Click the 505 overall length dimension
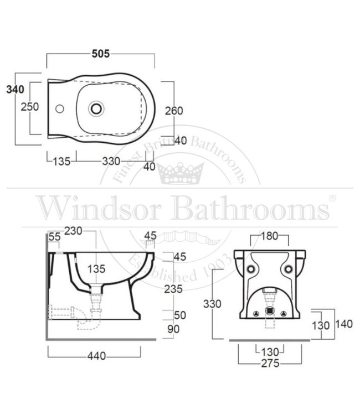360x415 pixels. coord(101,53)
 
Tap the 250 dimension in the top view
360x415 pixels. coord(29,107)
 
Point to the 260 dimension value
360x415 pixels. coord(173,111)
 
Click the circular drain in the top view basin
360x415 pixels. coord(97,108)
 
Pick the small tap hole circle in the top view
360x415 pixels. coord(60,109)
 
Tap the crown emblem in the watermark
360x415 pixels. coord(181,173)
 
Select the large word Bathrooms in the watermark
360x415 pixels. coord(249,209)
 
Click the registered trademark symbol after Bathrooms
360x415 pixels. coord(332,198)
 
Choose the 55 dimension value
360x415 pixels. coord(54,237)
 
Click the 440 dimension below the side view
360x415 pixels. coord(96,357)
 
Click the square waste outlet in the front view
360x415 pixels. coord(270,311)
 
